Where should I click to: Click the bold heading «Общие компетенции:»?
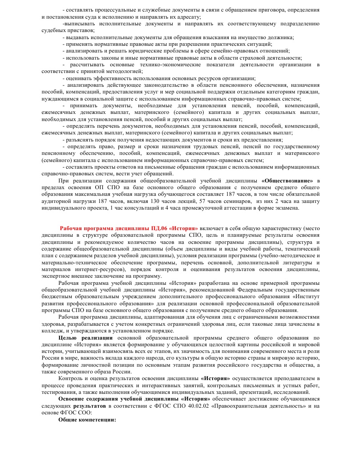[x=87, y=419]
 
